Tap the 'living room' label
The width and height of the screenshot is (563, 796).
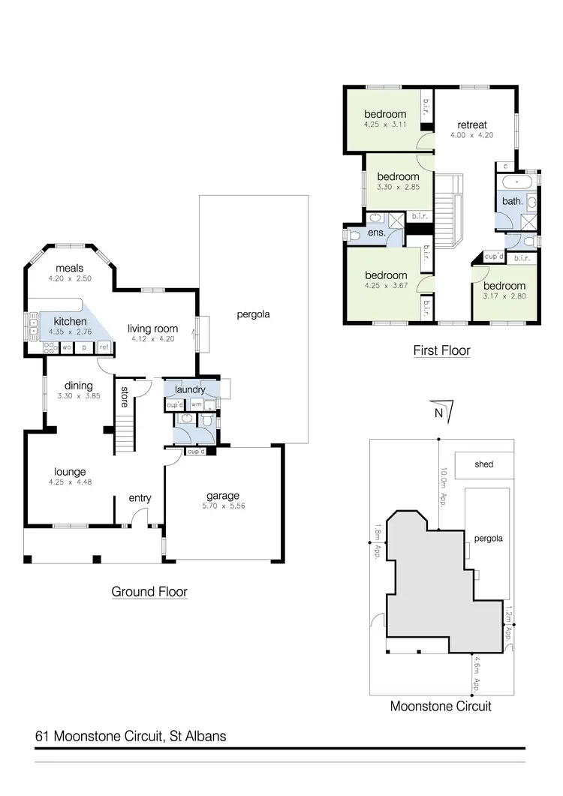152,327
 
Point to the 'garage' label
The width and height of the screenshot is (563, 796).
223,495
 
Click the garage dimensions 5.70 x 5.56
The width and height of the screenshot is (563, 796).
223,506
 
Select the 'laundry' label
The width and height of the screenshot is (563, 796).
190,389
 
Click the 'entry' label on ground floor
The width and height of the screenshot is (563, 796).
140,498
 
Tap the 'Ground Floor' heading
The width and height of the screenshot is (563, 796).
149,592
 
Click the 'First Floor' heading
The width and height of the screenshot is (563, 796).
441,350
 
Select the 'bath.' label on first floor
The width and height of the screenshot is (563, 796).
512,201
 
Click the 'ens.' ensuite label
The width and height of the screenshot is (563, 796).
376,233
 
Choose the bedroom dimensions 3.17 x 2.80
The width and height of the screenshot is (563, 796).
504,297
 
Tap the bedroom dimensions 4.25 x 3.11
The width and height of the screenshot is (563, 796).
385,125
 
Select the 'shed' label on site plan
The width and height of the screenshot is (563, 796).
484,464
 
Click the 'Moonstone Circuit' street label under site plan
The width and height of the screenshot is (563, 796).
441,706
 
